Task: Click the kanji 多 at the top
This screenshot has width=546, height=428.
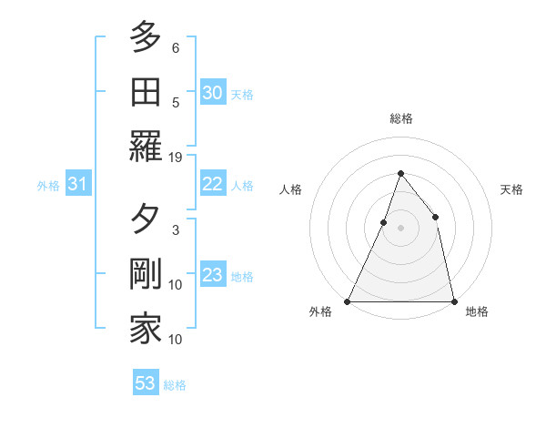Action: pyautogui.click(x=145, y=38)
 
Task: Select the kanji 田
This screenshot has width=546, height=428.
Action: pyautogui.click(x=145, y=93)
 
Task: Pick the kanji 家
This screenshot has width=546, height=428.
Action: pyautogui.click(x=145, y=329)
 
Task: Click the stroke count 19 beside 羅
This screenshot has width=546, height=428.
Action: pyautogui.click(x=176, y=158)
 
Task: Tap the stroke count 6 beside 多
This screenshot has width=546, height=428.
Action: pyautogui.click(x=176, y=48)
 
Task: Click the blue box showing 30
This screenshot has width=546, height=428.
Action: pyautogui.click(x=213, y=93)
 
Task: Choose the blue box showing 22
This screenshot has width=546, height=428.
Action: pyautogui.click(x=213, y=184)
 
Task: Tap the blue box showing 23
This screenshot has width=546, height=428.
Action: pyautogui.click(x=213, y=275)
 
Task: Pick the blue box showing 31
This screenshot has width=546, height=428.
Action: pyautogui.click(x=77, y=185)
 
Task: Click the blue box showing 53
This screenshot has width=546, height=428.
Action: pyautogui.click(x=146, y=383)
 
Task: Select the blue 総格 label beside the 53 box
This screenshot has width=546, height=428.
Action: pyautogui.click(x=175, y=385)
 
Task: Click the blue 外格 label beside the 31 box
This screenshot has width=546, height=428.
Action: pyautogui.click(x=48, y=186)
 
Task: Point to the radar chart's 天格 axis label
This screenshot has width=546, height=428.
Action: pyautogui.click(x=512, y=189)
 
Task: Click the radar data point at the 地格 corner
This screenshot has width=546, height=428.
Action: pyautogui.click(x=453, y=301)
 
